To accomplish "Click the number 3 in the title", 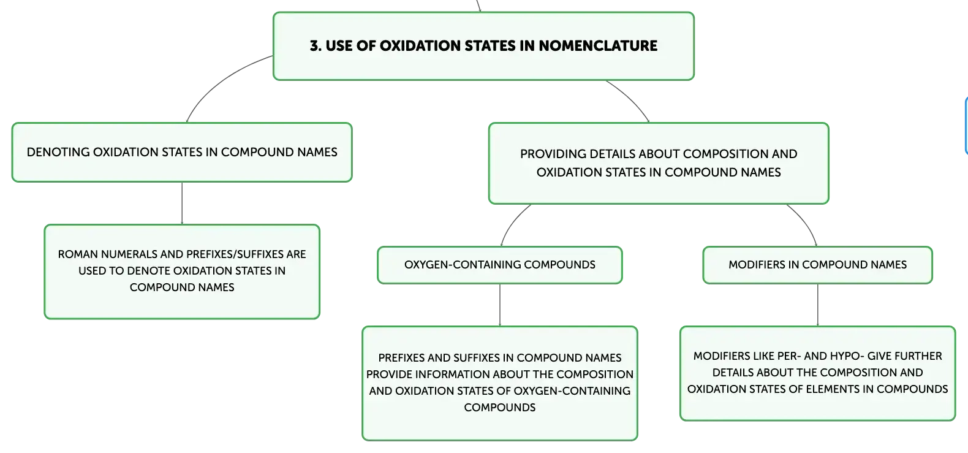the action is point(315,46).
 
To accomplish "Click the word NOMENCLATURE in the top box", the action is point(598,46).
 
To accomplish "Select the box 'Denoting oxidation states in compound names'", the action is point(182,152).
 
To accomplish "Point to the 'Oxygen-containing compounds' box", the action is point(499,265).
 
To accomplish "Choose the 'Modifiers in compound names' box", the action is point(817,265).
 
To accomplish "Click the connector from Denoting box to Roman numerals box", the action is point(182,203).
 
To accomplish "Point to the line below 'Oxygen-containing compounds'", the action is point(500,305).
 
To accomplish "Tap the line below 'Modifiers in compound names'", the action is point(818,305).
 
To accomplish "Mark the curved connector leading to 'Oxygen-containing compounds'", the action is point(512,222).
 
